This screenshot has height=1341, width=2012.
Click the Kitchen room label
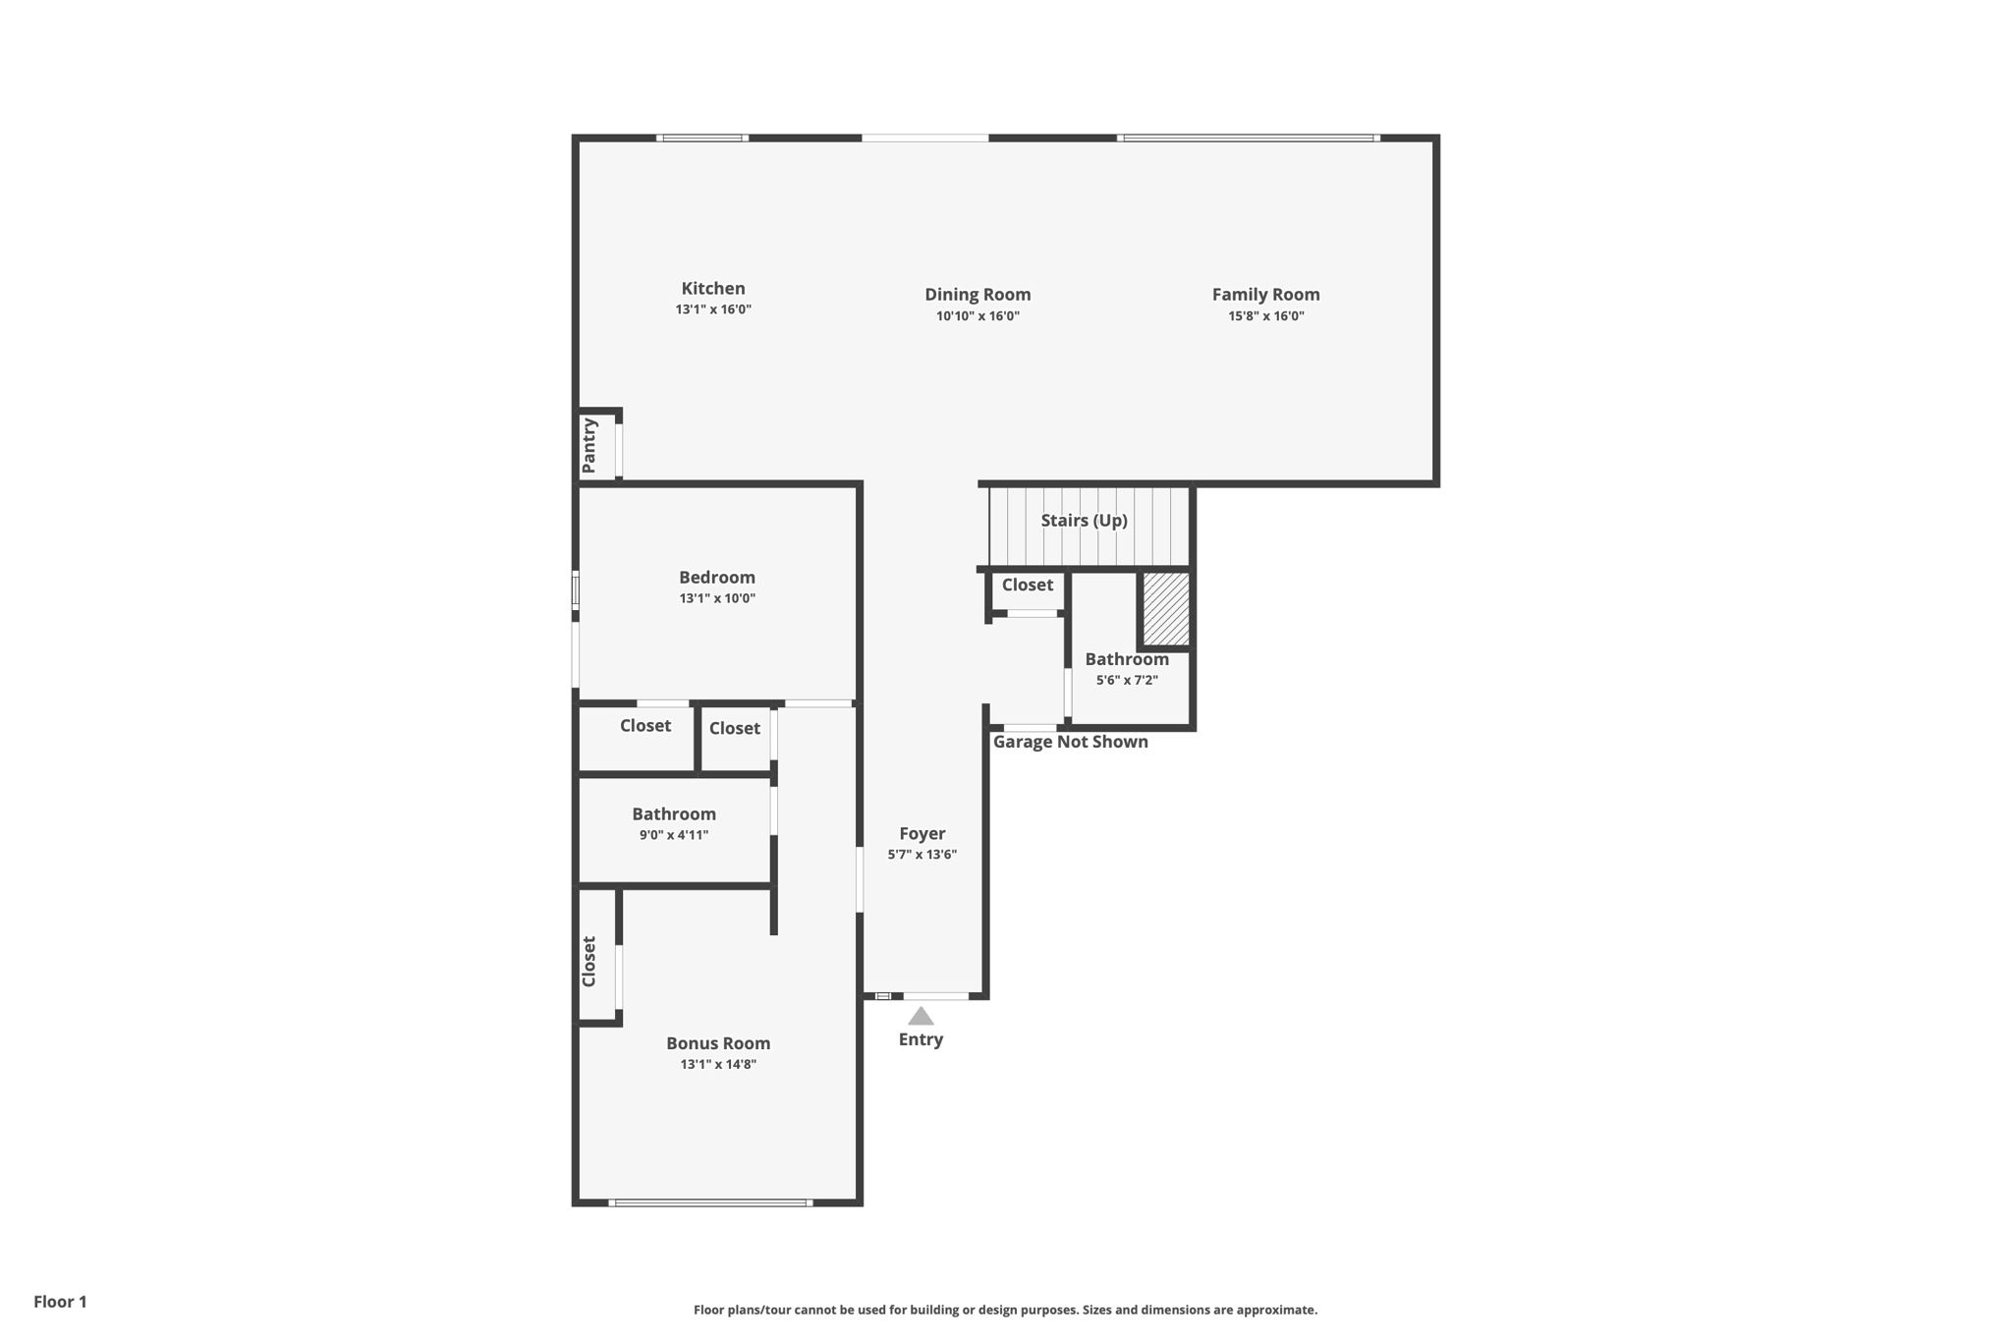pos(713,289)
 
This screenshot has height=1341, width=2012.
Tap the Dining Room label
pos(978,295)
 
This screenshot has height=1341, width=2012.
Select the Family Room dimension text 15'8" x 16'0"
pos(1265,316)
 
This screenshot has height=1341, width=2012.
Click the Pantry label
pos(589,445)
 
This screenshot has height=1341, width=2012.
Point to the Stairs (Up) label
pos(1084,521)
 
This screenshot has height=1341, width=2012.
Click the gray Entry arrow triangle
pos(921,1017)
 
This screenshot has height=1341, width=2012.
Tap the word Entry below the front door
pos(921,1039)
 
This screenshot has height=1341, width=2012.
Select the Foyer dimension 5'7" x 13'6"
pos(922,855)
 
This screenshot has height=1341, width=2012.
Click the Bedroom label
pos(717,578)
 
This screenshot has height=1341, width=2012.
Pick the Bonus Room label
pos(718,1043)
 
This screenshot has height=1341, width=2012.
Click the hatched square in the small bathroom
pos(1166,609)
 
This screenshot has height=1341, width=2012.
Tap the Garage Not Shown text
pos(1070,742)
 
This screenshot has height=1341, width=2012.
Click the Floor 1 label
pos(60,1302)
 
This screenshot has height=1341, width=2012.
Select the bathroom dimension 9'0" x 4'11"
pos(674,835)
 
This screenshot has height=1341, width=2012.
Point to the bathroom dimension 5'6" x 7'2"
pos(1127,680)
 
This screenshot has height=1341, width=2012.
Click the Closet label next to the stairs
pos(1027,586)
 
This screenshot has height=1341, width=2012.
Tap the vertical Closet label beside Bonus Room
pos(589,961)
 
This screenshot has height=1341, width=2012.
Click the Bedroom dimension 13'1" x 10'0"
pos(717,598)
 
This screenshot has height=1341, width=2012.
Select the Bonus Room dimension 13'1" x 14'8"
pos(718,1064)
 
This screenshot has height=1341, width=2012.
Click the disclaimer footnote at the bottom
pos(1005,1310)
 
